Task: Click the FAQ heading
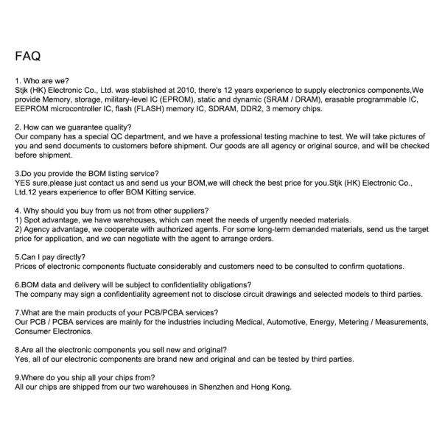27,56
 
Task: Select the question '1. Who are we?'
42,80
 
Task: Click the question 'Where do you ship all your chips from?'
84,378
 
